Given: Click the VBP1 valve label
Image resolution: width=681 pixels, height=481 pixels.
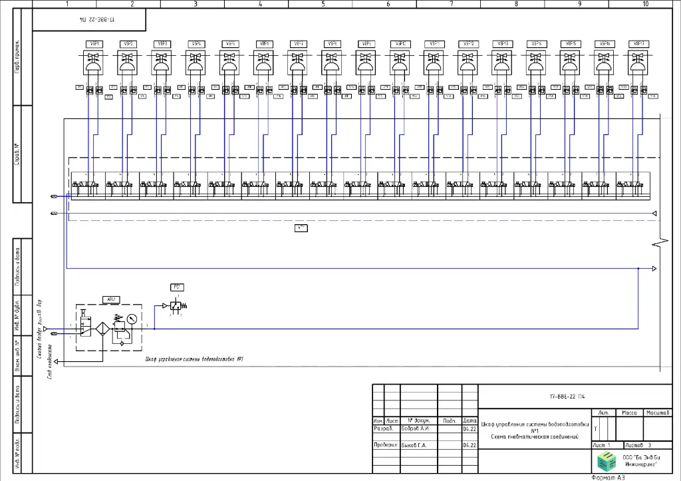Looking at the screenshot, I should click(x=93, y=44).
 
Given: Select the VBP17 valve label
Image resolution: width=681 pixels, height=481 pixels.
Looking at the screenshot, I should click(x=637, y=44).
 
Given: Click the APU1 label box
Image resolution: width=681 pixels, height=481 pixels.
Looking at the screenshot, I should click(x=110, y=299).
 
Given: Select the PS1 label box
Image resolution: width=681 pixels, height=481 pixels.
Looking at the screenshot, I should click(x=178, y=287).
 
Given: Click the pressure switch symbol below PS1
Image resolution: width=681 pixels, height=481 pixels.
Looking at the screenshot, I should click(x=176, y=306).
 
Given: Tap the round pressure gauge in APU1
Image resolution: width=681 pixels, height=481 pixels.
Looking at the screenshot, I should click(x=131, y=319).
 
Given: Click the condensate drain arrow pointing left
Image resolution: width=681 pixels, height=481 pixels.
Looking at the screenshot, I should click(x=58, y=361).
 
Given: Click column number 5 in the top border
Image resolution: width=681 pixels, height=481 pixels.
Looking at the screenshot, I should click(x=323, y=4).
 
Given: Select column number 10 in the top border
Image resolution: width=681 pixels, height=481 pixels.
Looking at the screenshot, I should click(x=645, y=4).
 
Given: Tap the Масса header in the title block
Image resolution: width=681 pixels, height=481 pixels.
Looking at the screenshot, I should click(x=629, y=413).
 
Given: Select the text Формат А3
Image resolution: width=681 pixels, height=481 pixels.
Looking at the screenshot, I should click(x=609, y=477).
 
